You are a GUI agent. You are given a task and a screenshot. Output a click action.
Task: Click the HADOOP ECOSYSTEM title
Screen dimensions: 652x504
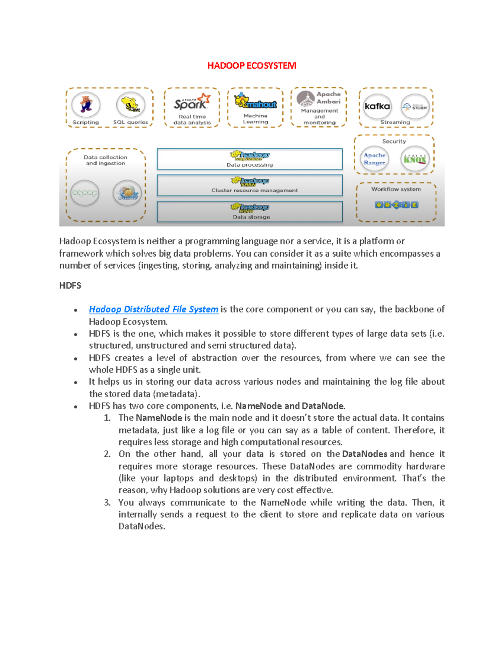pos(252,65)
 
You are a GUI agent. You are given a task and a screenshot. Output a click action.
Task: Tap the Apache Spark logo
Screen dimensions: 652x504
pos(192,102)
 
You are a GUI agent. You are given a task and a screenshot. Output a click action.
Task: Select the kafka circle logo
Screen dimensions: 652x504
pos(377,106)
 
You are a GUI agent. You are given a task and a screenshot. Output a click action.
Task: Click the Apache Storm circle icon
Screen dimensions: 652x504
pos(415,107)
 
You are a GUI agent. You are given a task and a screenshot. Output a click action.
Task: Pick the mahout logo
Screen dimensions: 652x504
pos(255,102)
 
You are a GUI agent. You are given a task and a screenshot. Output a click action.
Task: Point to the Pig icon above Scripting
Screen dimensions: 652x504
pos(86,104)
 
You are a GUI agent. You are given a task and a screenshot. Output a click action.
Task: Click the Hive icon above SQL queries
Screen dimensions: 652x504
pos(131,105)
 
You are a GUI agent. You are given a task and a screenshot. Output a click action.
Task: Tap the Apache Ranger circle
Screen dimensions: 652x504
pos(374,159)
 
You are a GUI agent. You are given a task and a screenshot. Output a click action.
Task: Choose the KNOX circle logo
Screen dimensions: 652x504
pos(415,159)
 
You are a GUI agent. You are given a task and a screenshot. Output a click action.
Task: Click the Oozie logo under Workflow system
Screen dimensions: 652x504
pos(396,205)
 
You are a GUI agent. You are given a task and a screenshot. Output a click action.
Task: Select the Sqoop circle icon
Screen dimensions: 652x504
pos(85,193)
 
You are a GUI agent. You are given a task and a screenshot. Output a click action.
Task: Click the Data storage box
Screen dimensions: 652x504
pos(250,212)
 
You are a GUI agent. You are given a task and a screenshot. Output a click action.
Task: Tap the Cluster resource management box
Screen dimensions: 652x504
pos(250,186)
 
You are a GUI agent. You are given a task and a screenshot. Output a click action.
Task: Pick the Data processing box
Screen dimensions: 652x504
pos(250,159)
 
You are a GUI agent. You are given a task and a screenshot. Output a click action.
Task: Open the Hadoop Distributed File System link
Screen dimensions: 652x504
pos(153,309)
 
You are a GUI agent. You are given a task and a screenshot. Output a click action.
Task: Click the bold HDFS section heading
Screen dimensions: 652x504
pos(70,286)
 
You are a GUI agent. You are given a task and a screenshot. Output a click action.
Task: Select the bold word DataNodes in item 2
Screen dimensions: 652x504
pos(365,454)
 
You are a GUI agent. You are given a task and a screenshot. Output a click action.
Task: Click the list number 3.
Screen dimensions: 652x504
pos(107,503)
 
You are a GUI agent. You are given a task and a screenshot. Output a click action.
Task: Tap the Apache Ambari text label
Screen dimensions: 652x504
pos(328,98)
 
